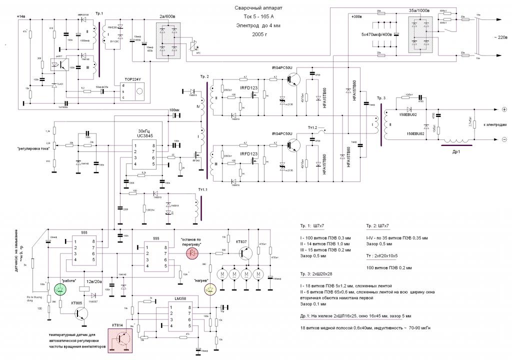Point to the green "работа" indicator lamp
tap(60, 288)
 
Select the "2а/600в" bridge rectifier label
tap(170, 16)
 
